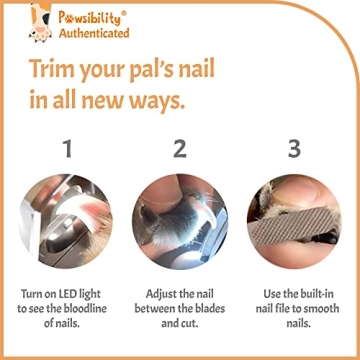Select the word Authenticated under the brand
[95, 32]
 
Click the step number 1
[67, 150]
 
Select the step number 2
[179, 150]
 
